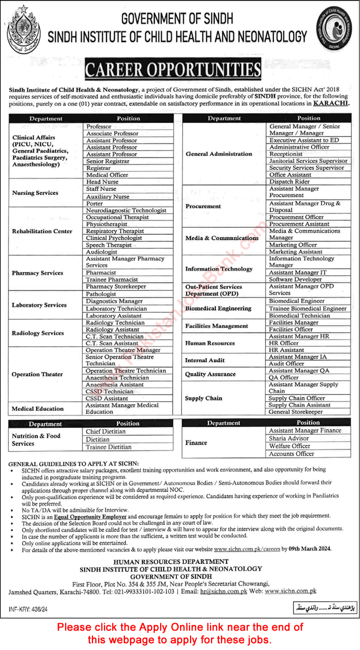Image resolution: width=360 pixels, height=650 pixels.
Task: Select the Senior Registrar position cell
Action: click(x=108, y=161)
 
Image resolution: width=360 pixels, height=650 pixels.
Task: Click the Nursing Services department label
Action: click(x=35, y=193)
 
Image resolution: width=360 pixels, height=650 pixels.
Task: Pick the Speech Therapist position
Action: click(x=109, y=245)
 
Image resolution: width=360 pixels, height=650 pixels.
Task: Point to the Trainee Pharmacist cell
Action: click(x=112, y=280)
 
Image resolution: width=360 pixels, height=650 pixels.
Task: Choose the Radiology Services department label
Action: click(x=37, y=333)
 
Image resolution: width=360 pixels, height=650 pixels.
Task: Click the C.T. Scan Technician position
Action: click(x=114, y=336)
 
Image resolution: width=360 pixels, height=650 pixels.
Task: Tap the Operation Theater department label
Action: click(x=37, y=374)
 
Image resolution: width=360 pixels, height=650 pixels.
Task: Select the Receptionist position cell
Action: click(x=286, y=154)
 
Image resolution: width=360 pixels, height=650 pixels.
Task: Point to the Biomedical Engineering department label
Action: click(x=218, y=309)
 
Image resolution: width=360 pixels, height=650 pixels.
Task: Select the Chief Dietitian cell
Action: click(x=106, y=432)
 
